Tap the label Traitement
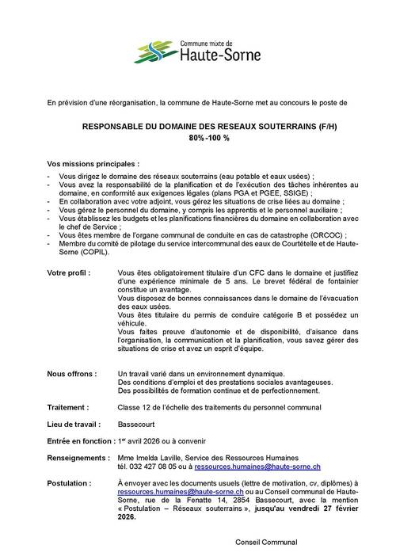pos(67,406)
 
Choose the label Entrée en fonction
pos(80,440)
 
